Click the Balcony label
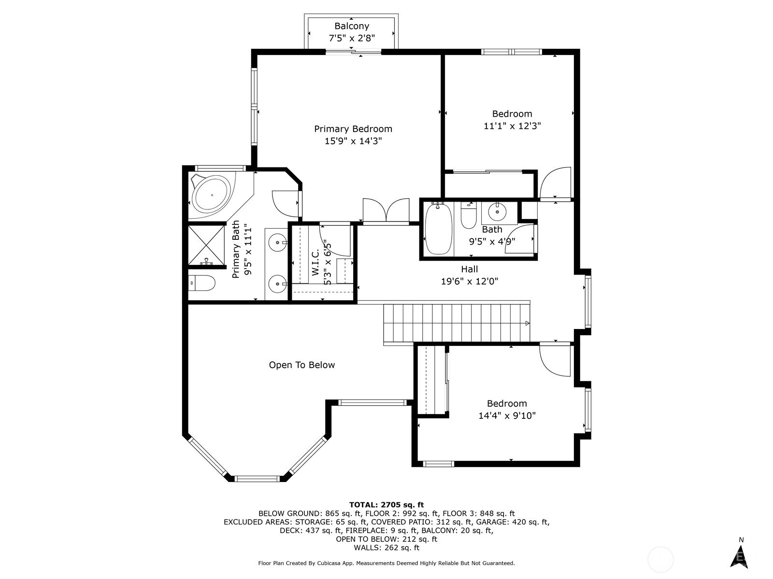tap(351, 26)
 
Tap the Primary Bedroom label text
tap(353, 129)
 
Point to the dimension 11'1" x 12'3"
tap(512, 126)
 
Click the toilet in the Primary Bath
tap(202, 283)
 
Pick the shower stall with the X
tap(206, 245)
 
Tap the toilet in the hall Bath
tap(469, 216)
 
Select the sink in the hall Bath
tap(497, 212)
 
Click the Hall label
tap(470, 269)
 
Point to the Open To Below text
tap(302, 365)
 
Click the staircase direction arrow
tap(527, 323)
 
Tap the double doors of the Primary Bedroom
tap(386, 210)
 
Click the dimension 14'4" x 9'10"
tap(507, 415)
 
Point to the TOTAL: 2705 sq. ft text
tap(386, 505)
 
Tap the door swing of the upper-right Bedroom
tap(555, 183)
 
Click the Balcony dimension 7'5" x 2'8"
tap(351, 38)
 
